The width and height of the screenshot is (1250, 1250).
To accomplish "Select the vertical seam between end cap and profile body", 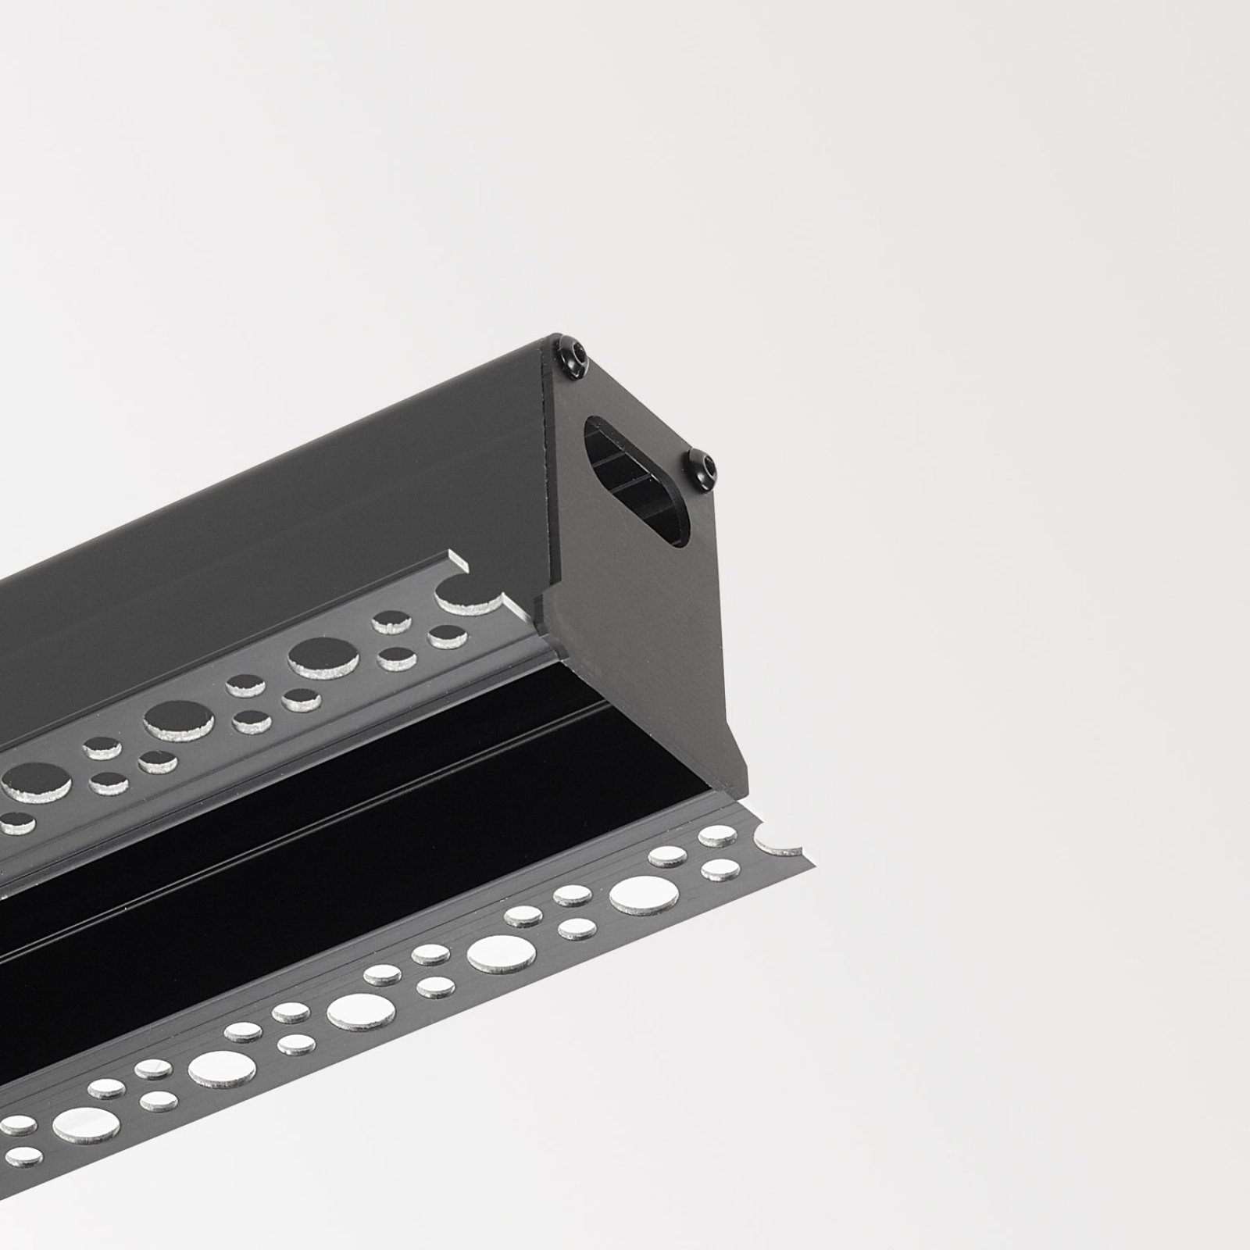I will pyautogui.click(x=550, y=469).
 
